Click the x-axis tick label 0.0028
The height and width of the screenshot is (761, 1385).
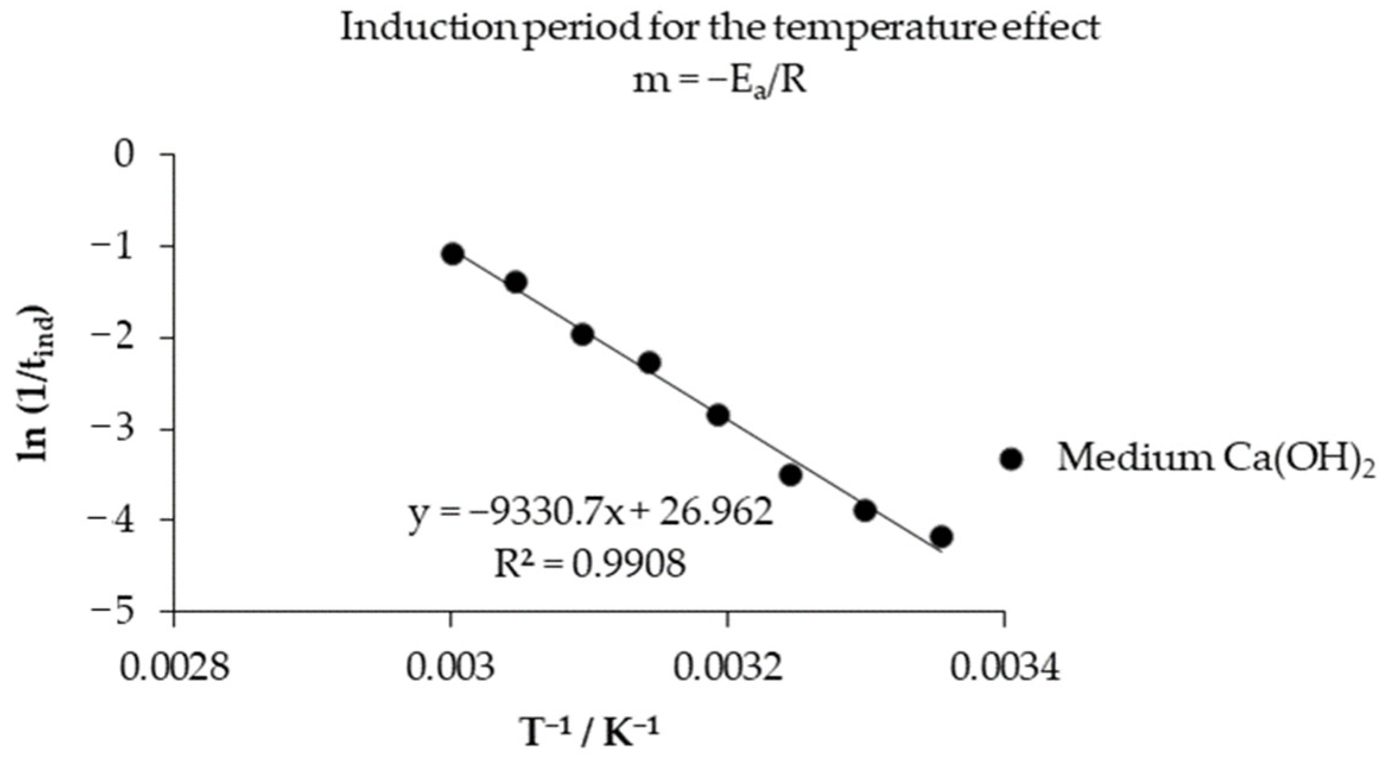coord(174,667)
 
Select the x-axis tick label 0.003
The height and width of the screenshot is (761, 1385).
coord(450,667)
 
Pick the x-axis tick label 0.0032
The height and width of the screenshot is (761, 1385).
coord(728,667)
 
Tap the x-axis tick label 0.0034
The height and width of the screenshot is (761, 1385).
coord(1005,667)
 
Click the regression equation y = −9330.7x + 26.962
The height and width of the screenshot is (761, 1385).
coord(591,514)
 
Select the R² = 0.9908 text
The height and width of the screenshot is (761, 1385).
coord(590,563)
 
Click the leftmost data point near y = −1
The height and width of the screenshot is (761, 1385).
coord(452,254)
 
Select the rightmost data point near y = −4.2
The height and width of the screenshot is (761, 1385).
coord(941,537)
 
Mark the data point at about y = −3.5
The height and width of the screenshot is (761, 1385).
coord(791,475)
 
